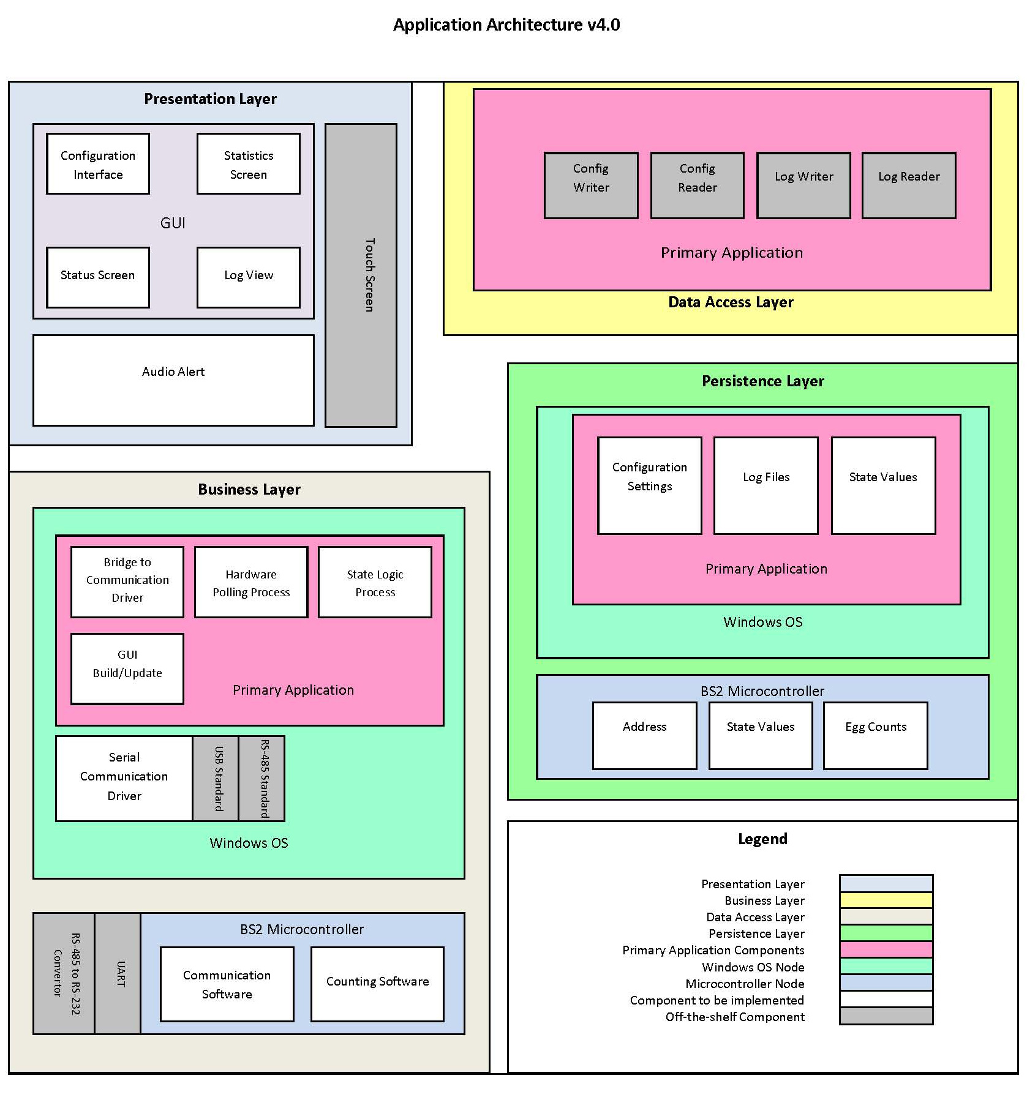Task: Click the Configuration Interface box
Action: pyautogui.click(x=98, y=164)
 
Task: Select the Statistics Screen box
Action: pyautogui.click(x=249, y=164)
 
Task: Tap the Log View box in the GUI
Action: pyautogui.click(x=249, y=277)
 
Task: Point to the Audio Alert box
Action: pyautogui.click(x=173, y=380)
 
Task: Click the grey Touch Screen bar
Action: pyautogui.click(x=361, y=275)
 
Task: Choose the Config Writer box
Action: pyautogui.click(x=591, y=185)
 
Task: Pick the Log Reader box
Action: pyautogui.click(x=909, y=185)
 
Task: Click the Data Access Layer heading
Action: pyautogui.click(x=731, y=302)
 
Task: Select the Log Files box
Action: pyautogui.click(x=766, y=485)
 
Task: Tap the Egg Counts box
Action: pyautogui.click(x=876, y=735)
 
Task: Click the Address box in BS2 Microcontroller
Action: pyautogui.click(x=644, y=735)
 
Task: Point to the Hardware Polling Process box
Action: pyautogui.click(x=251, y=582)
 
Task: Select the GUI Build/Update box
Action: pyautogui.click(x=127, y=668)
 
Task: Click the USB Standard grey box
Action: pyautogui.click(x=216, y=778)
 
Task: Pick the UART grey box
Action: pyautogui.click(x=118, y=973)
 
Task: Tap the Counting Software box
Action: pyautogui.click(x=377, y=984)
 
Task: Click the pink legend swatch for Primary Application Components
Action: pyautogui.click(x=886, y=949)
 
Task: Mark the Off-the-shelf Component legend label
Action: pyautogui.click(x=735, y=1017)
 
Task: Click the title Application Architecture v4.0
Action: pyautogui.click(x=506, y=25)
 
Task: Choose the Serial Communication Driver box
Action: pyautogui.click(x=124, y=778)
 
